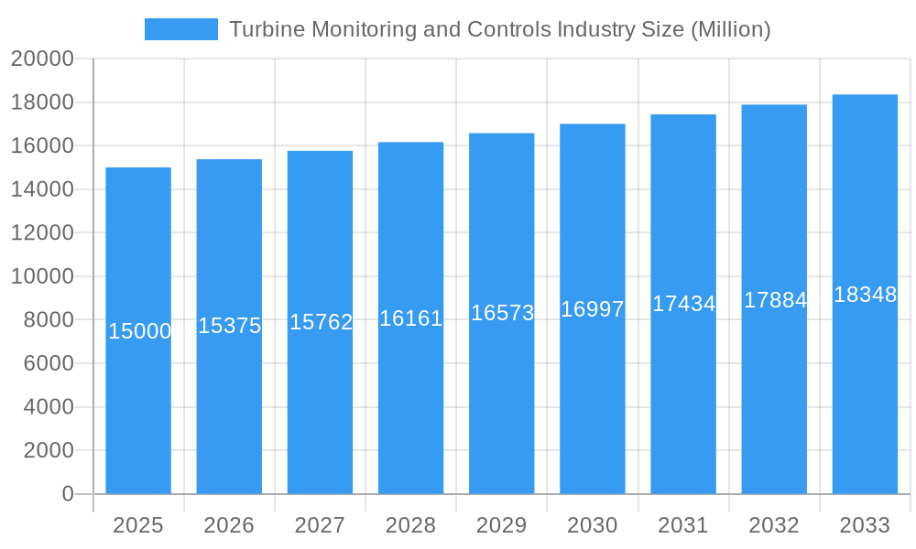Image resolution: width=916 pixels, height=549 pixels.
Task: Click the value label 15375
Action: pos(229,326)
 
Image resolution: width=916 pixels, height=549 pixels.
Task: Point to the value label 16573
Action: pos(502,313)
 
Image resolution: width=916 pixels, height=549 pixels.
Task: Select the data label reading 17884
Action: pos(775,300)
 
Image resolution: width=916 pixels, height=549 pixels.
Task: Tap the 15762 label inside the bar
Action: pos(321,322)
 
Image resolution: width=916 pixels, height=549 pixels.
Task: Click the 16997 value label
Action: pos(593,309)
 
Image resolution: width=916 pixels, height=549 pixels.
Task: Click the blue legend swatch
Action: pos(181,29)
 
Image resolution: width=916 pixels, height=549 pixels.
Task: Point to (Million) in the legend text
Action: pos(729,29)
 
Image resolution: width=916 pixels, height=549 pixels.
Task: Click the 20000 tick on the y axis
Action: pos(42,59)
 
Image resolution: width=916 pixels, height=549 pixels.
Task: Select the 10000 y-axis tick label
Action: pos(42,276)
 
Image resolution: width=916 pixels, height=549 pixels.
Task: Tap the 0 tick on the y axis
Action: pos(67,494)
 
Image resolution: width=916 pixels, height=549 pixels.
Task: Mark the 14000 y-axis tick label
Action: pos(42,189)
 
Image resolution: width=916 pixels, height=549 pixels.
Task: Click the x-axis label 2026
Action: pos(229,525)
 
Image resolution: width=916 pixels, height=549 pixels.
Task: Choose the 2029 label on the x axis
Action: pos(502,525)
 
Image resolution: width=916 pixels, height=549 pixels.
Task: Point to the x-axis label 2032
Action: pos(774,525)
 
